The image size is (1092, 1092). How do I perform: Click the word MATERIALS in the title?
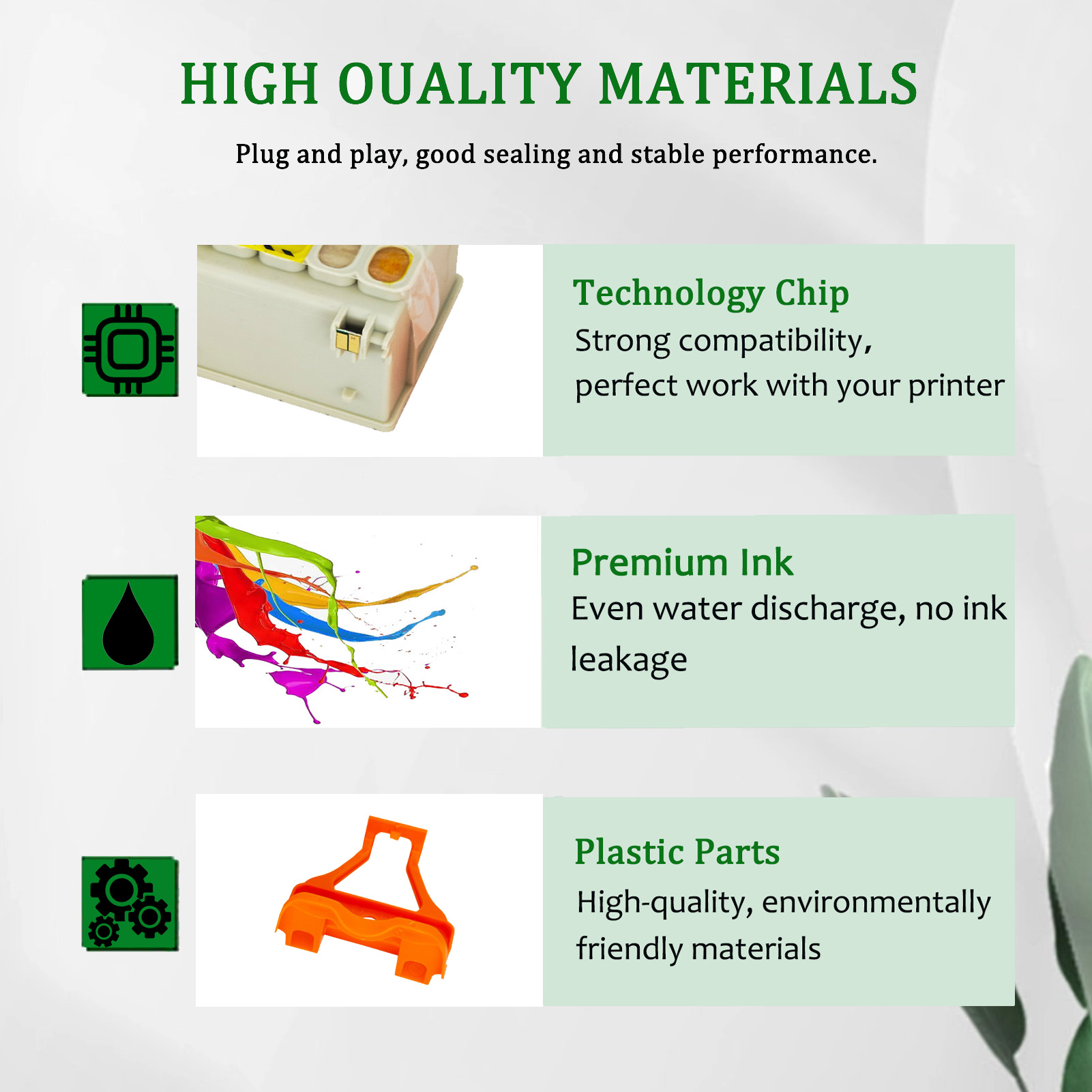coord(758,85)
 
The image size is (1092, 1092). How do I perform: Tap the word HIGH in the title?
coord(249,85)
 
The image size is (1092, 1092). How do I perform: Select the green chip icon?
coord(130,350)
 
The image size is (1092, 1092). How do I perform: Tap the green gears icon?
coord(130,903)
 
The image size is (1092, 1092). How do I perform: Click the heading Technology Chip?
coord(711,294)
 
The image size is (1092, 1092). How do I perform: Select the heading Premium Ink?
coord(682,563)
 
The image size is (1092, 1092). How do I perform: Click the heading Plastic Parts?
coord(677,852)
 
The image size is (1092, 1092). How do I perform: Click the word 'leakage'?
coord(628,660)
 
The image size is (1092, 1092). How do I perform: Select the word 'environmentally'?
coord(876,903)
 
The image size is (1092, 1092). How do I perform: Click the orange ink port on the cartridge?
coord(389,263)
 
